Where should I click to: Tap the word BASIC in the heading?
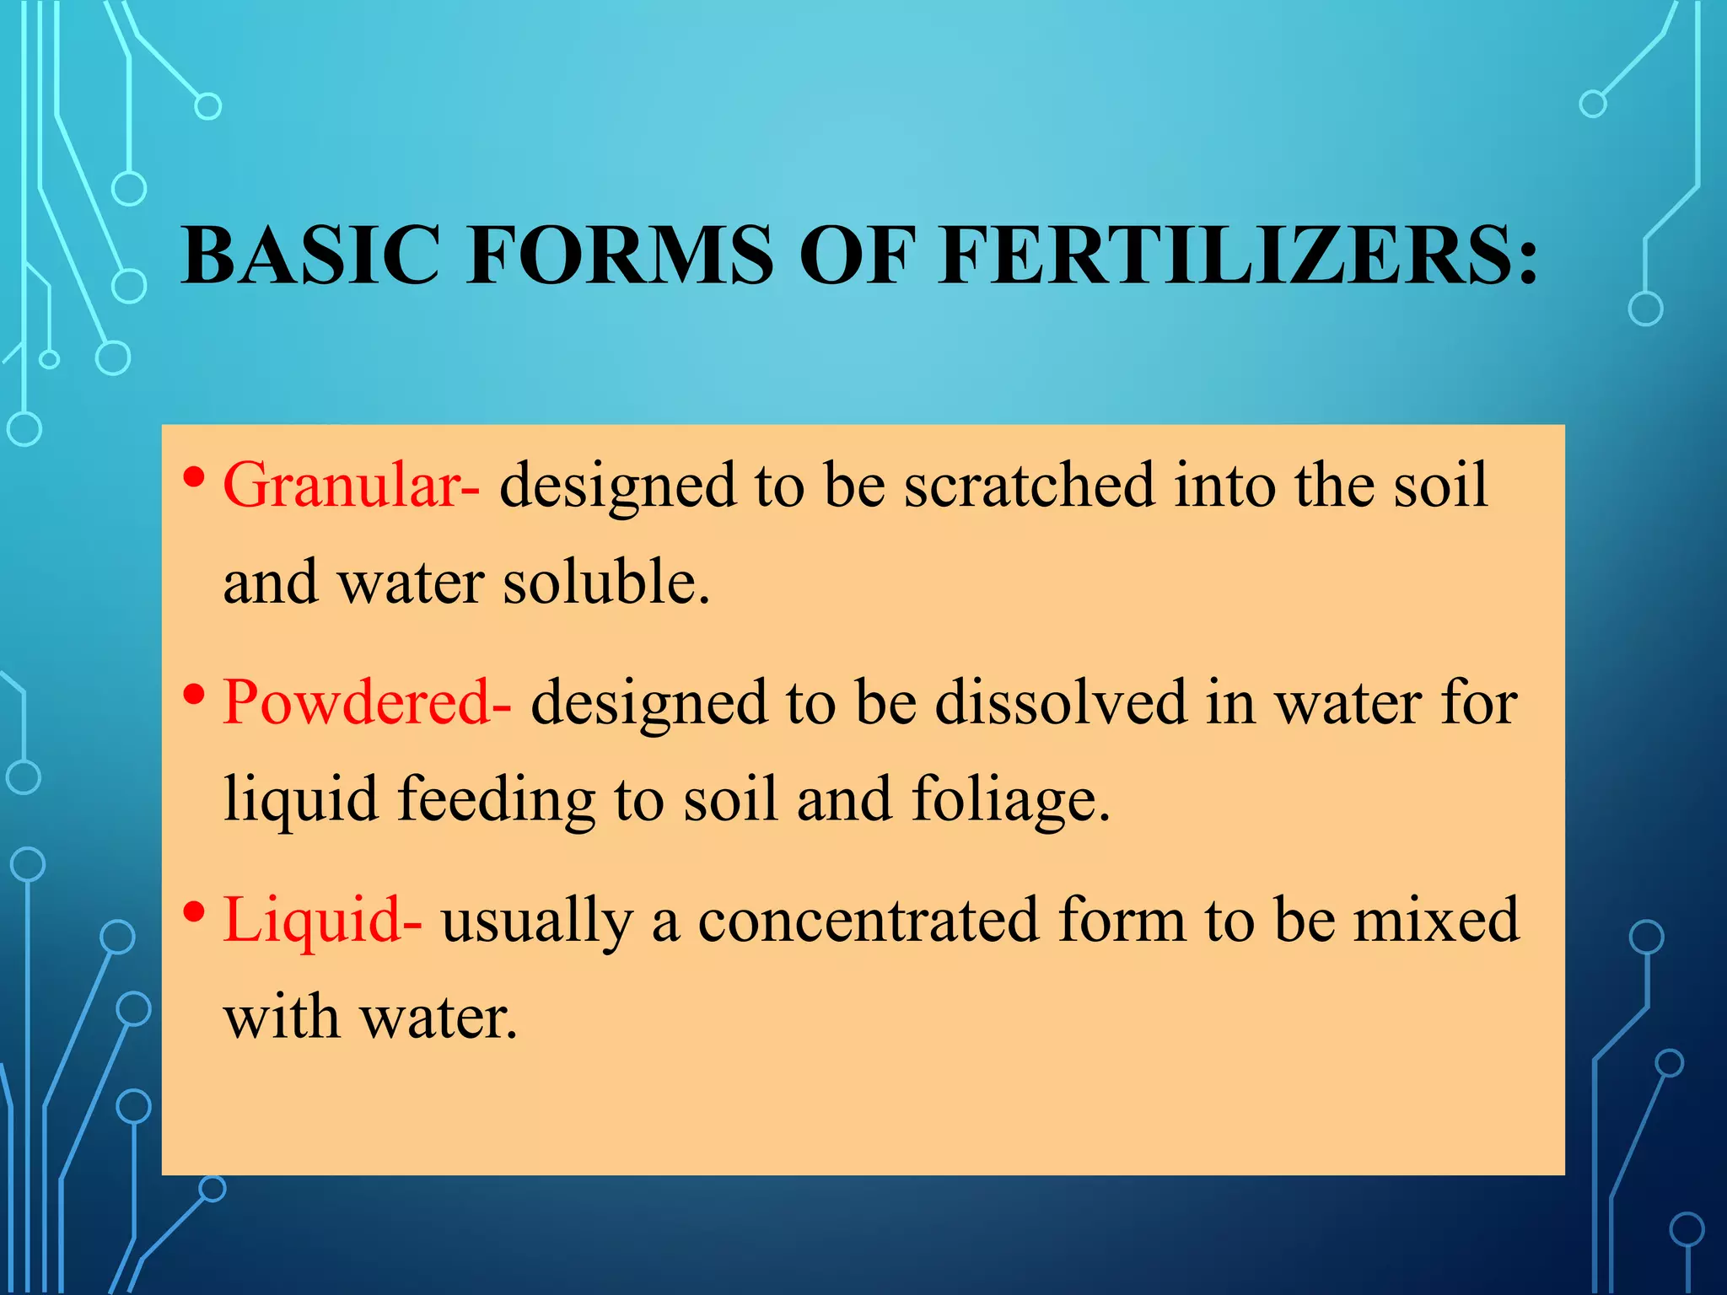[x=310, y=255]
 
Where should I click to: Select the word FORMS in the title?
[x=620, y=255]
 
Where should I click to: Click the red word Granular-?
[x=351, y=486]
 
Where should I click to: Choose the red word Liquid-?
[x=322, y=920]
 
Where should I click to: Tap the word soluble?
[x=606, y=583]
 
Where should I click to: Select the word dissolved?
[x=1060, y=702]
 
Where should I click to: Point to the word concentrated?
[x=868, y=920]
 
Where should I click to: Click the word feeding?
[x=496, y=800]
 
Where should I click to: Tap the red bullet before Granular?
[x=194, y=478]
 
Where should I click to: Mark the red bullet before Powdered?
[x=194, y=696]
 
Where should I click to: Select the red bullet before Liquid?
[x=194, y=912]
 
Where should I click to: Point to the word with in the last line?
[x=281, y=1017]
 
